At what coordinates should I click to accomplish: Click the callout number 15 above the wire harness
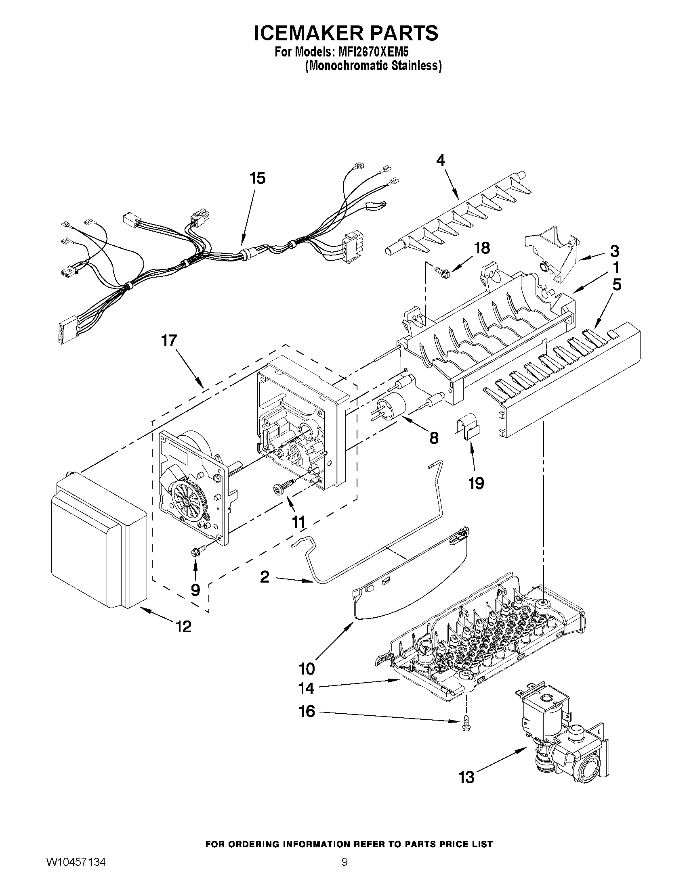pos(258,178)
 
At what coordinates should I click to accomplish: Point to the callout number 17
pos(169,341)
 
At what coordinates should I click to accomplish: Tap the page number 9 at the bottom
pos(345,859)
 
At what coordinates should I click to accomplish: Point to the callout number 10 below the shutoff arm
pos(307,668)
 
